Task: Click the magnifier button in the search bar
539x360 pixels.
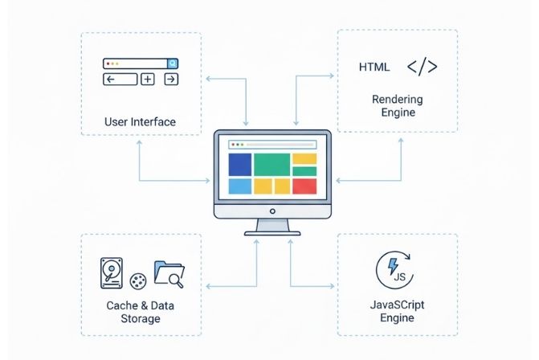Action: pos(172,63)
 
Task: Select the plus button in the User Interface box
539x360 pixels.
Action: pos(148,79)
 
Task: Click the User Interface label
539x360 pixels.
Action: pos(140,122)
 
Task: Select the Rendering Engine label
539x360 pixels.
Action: pos(398,105)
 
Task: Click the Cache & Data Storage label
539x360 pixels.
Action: pos(140,312)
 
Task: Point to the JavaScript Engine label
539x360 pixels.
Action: pos(397,311)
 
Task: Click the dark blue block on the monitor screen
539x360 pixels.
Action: pos(240,164)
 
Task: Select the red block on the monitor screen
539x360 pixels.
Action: pos(304,186)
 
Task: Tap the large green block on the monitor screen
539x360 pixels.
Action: pos(272,164)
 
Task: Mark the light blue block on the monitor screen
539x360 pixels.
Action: pos(240,186)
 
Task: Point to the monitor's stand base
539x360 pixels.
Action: pos(272,232)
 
